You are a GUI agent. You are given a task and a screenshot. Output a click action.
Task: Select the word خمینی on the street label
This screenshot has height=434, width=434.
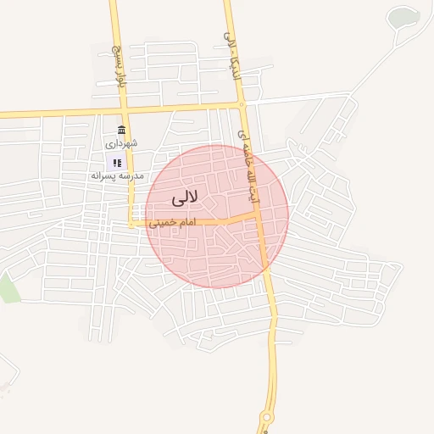161,223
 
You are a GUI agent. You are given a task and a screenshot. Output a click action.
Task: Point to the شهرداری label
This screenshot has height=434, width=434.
122,144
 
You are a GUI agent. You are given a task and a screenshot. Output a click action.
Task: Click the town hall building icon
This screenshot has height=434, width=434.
122,130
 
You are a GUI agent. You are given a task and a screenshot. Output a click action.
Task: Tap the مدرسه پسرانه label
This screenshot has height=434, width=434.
118,175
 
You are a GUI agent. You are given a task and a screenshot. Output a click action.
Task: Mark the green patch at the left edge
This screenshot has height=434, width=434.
8,288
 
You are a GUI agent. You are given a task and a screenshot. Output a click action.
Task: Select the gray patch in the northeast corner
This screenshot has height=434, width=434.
403,17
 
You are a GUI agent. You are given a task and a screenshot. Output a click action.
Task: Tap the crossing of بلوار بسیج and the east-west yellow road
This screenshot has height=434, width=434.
124,110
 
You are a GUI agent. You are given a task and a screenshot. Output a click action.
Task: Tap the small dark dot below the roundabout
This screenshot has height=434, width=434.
265,431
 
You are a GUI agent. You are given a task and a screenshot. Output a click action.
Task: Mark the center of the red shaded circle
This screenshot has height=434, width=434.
217,216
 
